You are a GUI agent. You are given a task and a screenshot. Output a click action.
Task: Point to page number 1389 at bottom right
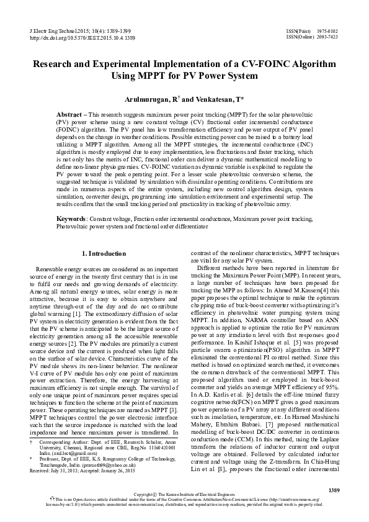point(334,490)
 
